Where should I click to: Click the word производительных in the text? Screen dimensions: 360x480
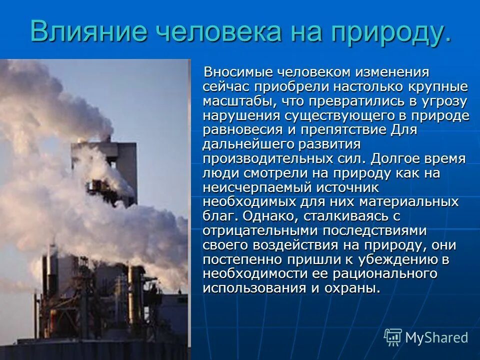coord(269,159)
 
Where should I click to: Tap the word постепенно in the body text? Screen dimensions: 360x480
coord(240,260)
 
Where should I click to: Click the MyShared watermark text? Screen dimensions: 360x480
coord(436,337)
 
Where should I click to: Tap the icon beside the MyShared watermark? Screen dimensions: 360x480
coord(393,337)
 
